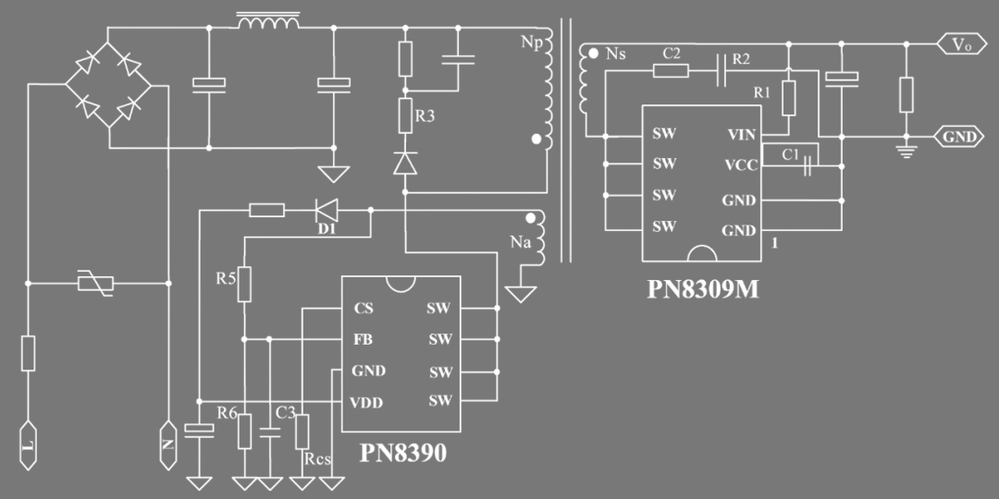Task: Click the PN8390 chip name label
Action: point(402,453)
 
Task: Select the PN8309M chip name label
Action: point(703,289)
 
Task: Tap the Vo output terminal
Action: point(961,43)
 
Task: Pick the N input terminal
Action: point(168,445)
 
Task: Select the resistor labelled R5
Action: point(244,285)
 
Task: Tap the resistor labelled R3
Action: point(405,116)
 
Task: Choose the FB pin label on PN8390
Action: point(363,339)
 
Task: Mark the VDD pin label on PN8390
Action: point(366,402)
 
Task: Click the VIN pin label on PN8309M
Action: point(741,134)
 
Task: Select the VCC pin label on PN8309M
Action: point(740,165)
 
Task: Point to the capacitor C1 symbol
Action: point(808,166)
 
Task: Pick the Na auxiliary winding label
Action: point(520,242)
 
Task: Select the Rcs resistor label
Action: point(316,458)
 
